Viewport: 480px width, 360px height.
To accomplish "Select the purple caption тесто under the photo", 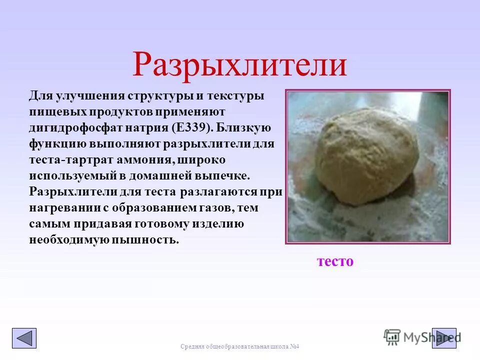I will pyautogui.click(x=335, y=261).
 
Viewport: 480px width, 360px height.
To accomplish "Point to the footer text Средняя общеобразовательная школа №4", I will pyautogui.click(x=239, y=347).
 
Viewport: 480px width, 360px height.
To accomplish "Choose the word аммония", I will pyautogui.click(x=145, y=159).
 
